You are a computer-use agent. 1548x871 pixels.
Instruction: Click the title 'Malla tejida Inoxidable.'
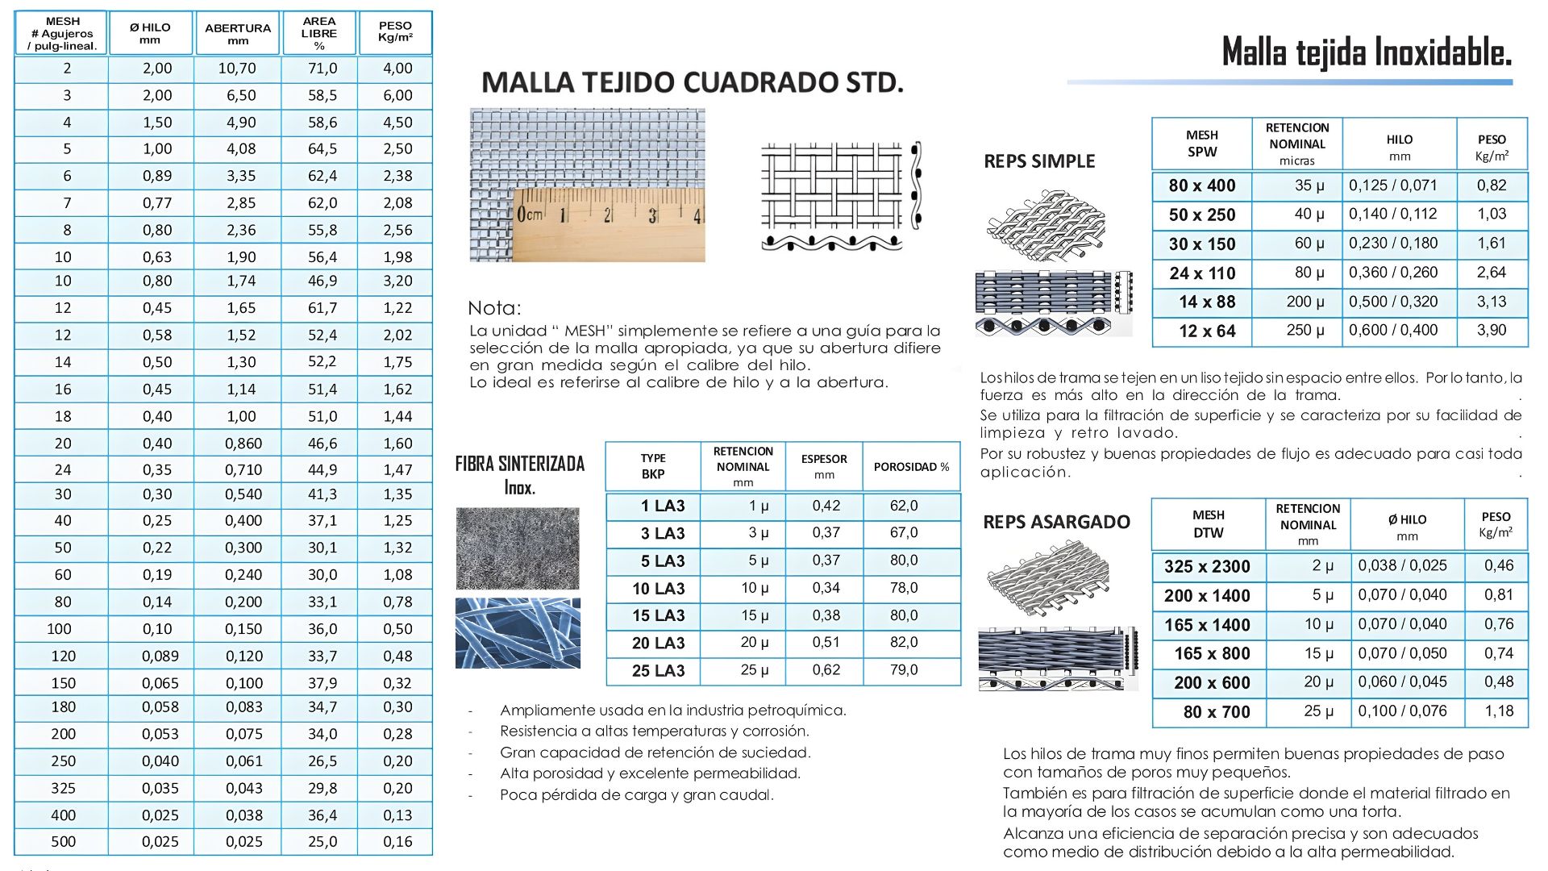(x=1366, y=52)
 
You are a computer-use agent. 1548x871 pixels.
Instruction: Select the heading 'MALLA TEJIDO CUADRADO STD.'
(x=692, y=82)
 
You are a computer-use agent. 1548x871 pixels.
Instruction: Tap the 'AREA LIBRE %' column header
(x=319, y=33)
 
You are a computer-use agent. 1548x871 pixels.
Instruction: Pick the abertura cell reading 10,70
(x=237, y=69)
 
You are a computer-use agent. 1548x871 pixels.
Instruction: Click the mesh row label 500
(x=63, y=842)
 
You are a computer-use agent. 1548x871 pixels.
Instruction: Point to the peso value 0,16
(x=397, y=842)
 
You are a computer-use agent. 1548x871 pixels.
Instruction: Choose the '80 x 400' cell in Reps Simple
(x=1201, y=185)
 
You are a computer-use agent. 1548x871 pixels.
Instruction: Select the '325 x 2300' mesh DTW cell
(x=1207, y=567)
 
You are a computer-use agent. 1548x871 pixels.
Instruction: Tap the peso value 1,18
(x=1499, y=711)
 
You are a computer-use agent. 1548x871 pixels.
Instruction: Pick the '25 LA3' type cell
(x=658, y=671)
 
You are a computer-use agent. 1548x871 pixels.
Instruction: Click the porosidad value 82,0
(x=904, y=643)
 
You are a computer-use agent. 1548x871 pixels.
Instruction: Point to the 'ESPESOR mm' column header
(x=824, y=466)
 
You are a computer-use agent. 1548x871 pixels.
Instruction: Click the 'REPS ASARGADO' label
(x=1056, y=523)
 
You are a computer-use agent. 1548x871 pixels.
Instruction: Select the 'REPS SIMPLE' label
(x=1039, y=161)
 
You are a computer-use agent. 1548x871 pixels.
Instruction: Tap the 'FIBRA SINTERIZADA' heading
(x=520, y=464)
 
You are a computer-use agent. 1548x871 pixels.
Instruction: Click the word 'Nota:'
(x=494, y=308)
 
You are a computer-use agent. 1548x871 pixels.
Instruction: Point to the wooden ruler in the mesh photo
(x=610, y=225)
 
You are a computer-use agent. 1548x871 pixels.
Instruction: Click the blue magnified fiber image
(x=518, y=633)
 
